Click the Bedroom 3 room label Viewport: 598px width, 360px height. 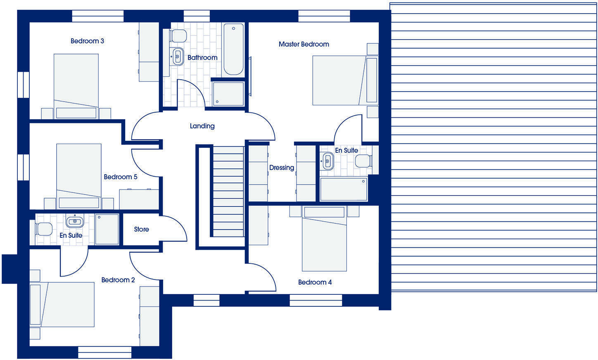point(87,41)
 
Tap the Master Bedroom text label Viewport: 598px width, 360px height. point(304,44)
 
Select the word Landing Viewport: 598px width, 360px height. point(202,126)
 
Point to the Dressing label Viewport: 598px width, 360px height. point(282,168)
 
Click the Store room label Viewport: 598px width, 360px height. point(141,229)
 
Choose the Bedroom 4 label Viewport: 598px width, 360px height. point(315,282)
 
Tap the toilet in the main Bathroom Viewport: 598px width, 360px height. point(178,36)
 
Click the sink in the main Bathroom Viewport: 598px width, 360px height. point(178,56)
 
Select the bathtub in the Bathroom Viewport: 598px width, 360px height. point(233,49)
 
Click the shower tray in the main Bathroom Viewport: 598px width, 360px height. point(228,94)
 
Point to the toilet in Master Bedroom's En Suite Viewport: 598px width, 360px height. point(363,161)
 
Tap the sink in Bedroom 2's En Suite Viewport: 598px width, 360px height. point(75,221)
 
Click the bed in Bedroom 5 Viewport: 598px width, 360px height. point(79,175)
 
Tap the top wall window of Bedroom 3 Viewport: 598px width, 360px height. point(98,16)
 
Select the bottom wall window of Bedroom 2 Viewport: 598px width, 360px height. point(104,352)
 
